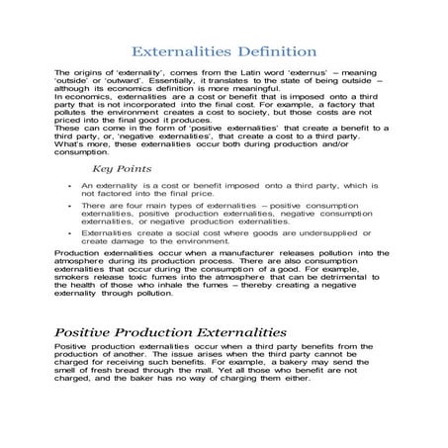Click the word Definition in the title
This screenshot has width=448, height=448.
click(x=270, y=50)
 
